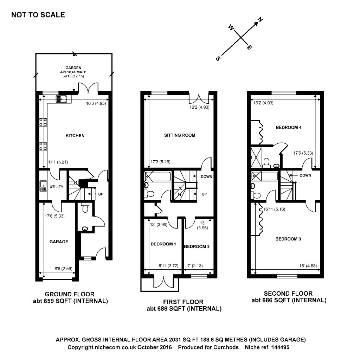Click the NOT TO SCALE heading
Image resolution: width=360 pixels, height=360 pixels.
tap(38, 15)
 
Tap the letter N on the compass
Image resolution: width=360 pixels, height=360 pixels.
tap(261, 20)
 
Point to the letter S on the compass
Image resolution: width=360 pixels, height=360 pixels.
tap(218, 59)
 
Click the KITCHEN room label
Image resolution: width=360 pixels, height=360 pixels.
tap(76, 135)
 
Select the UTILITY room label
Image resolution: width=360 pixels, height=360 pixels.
tap(56, 187)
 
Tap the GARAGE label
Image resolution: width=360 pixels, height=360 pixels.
tap(58, 242)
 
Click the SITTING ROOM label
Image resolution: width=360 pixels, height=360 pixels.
tap(179, 135)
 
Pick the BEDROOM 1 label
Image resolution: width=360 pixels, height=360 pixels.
tap(163, 244)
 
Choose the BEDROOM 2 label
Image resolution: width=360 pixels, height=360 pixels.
tap(197, 246)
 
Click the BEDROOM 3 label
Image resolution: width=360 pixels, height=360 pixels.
tap(288, 239)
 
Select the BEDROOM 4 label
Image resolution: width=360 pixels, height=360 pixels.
tap(288, 128)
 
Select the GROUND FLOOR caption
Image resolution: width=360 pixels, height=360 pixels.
tap(70, 294)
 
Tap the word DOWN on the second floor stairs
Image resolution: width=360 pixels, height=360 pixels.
tap(305, 175)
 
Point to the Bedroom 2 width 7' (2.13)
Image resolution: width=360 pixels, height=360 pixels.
tap(195, 266)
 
